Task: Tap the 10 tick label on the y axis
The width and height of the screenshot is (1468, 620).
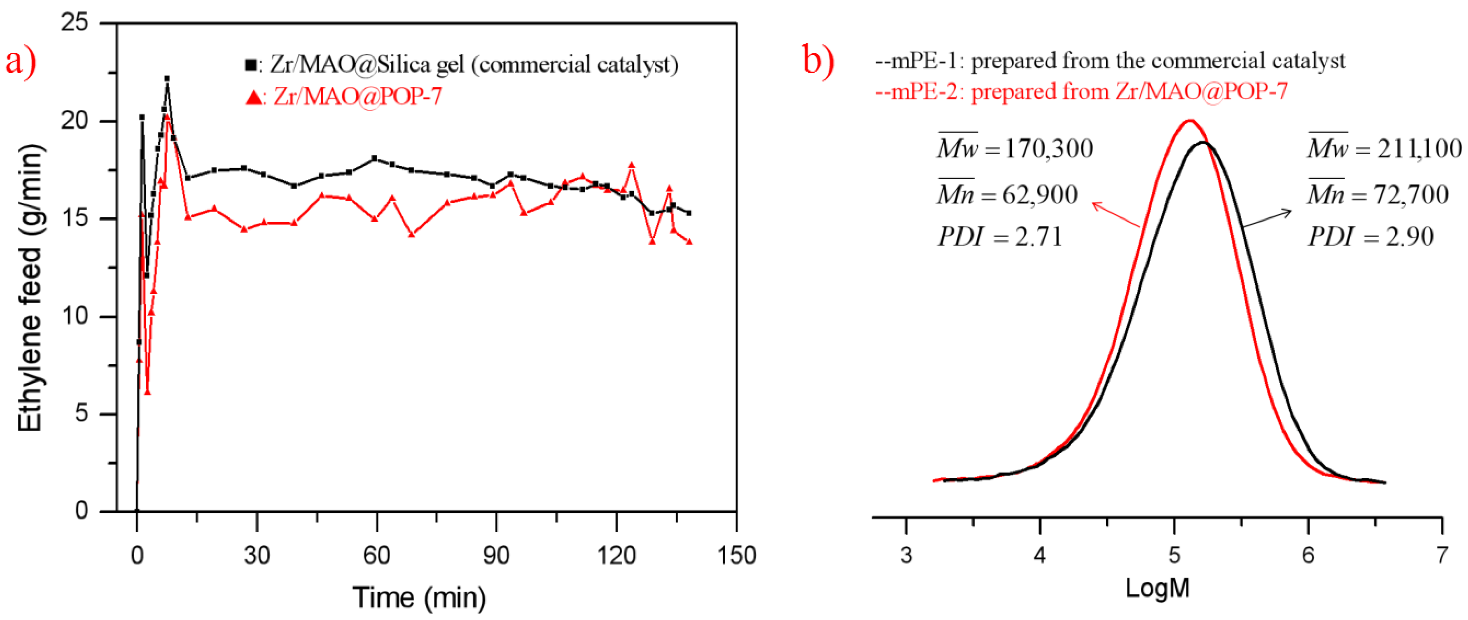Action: coord(75,316)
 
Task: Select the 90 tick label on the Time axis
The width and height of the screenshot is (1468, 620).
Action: coord(496,555)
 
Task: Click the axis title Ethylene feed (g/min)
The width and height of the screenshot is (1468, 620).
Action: coord(30,288)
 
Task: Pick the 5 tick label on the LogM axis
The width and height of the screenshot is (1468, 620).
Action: coord(1174,555)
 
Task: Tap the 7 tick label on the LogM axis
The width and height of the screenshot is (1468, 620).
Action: coord(1442,555)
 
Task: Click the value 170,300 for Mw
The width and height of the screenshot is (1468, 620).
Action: coord(1048,149)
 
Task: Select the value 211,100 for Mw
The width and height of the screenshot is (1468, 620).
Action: coord(1419,149)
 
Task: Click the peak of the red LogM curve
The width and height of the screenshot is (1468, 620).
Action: coord(1190,121)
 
